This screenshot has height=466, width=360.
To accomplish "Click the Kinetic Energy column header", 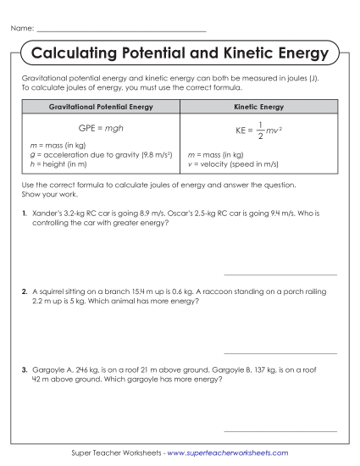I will [x=258, y=108].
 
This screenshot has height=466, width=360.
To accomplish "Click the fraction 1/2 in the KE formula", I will [x=263, y=130].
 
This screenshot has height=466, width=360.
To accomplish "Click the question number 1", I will [x=25, y=214].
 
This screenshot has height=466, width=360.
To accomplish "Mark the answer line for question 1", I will [x=280, y=275].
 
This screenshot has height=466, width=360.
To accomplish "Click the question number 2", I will [x=25, y=291].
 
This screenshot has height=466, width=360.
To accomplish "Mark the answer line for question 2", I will [x=280, y=352].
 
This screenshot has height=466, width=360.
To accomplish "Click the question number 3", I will [x=25, y=370].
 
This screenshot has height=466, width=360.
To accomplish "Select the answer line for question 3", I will [x=280, y=430].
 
